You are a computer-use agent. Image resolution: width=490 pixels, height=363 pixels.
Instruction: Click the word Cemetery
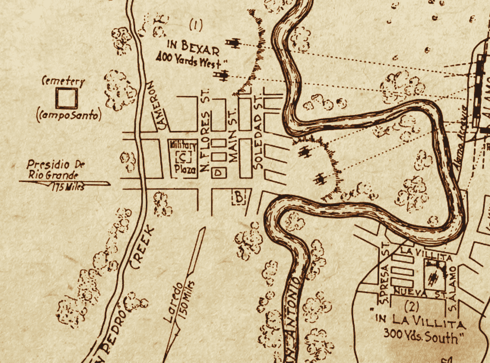point(63,81)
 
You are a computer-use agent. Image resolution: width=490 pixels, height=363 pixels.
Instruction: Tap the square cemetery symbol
point(66,99)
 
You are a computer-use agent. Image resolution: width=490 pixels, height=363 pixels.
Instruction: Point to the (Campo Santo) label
point(68,115)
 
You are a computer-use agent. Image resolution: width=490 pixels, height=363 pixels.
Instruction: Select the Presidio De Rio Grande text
point(56,170)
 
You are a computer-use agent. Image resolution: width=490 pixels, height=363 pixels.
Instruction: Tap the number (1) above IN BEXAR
point(196,23)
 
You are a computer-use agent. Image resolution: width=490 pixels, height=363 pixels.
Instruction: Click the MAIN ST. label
point(234,136)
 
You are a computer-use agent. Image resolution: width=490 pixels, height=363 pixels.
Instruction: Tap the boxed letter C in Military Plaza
point(184,157)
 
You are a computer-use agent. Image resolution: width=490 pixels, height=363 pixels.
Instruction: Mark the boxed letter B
point(239,196)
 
